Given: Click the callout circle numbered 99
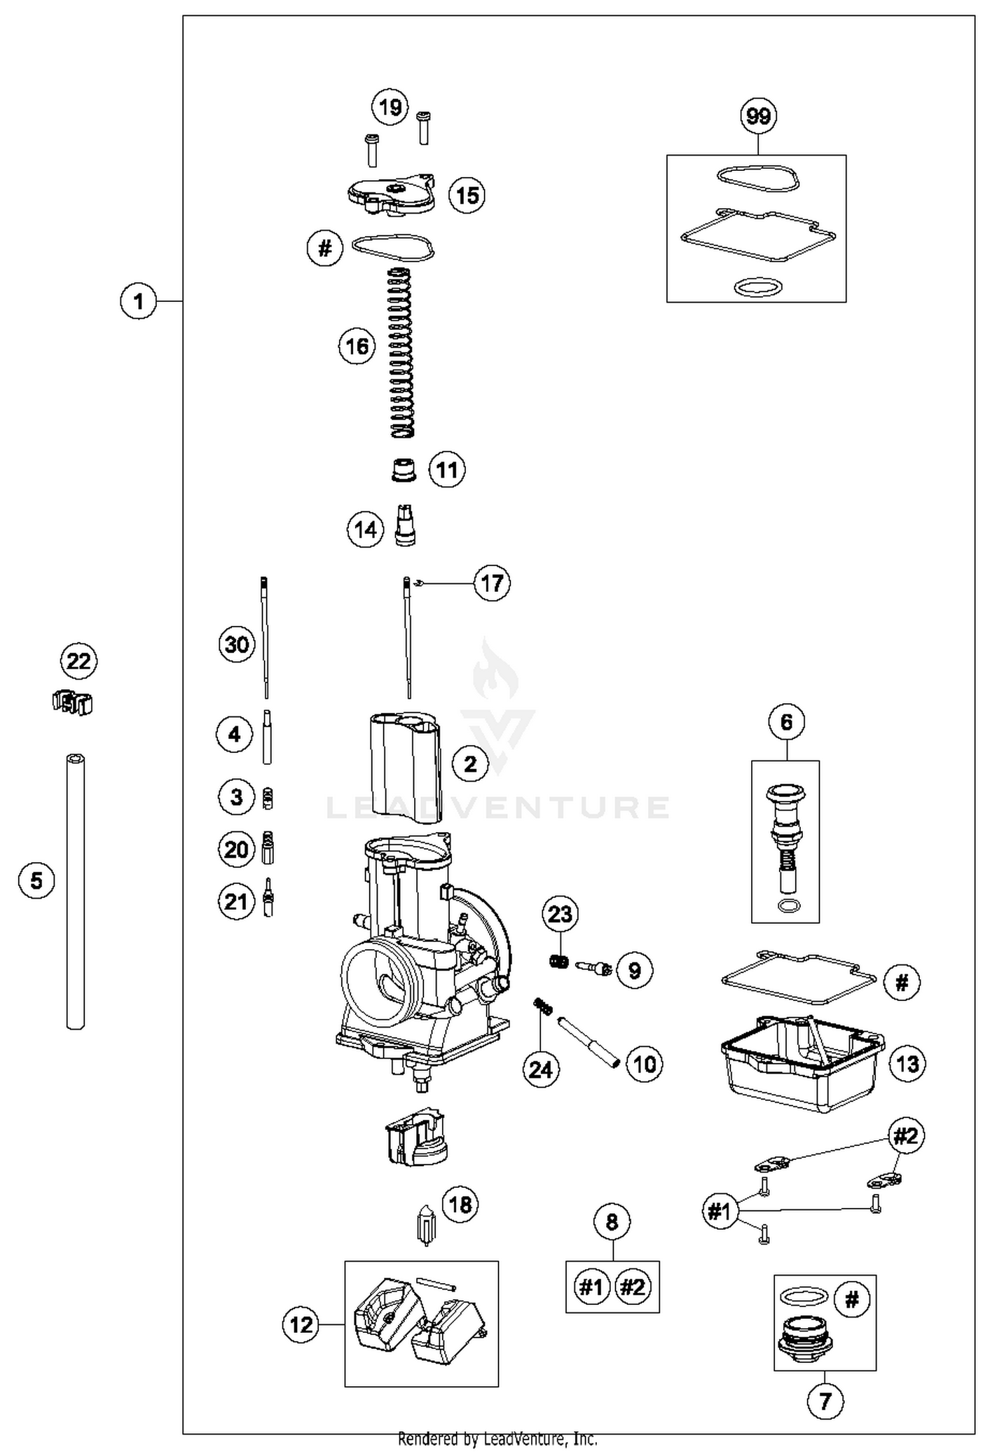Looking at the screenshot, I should click(x=758, y=116).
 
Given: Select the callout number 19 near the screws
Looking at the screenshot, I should click(x=390, y=106).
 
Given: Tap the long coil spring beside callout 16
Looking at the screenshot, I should click(x=401, y=353).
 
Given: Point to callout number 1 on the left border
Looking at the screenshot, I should click(x=138, y=301).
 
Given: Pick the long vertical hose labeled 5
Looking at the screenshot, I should click(x=76, y=891).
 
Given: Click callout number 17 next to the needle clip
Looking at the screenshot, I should click(x=492, y=583).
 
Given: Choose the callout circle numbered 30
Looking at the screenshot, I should click(x=237, y=644).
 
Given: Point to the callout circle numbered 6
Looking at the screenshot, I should click(x=786, y=722).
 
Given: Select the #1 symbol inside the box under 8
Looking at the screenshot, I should click(x=591, y=1287).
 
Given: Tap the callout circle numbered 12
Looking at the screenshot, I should click(x=301, y=1324).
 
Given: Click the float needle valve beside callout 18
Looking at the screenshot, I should click(x=425, y=1224).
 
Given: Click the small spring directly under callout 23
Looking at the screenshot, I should click(x=560, y=960).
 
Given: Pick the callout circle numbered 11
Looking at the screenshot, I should click(x=447, y=470).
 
